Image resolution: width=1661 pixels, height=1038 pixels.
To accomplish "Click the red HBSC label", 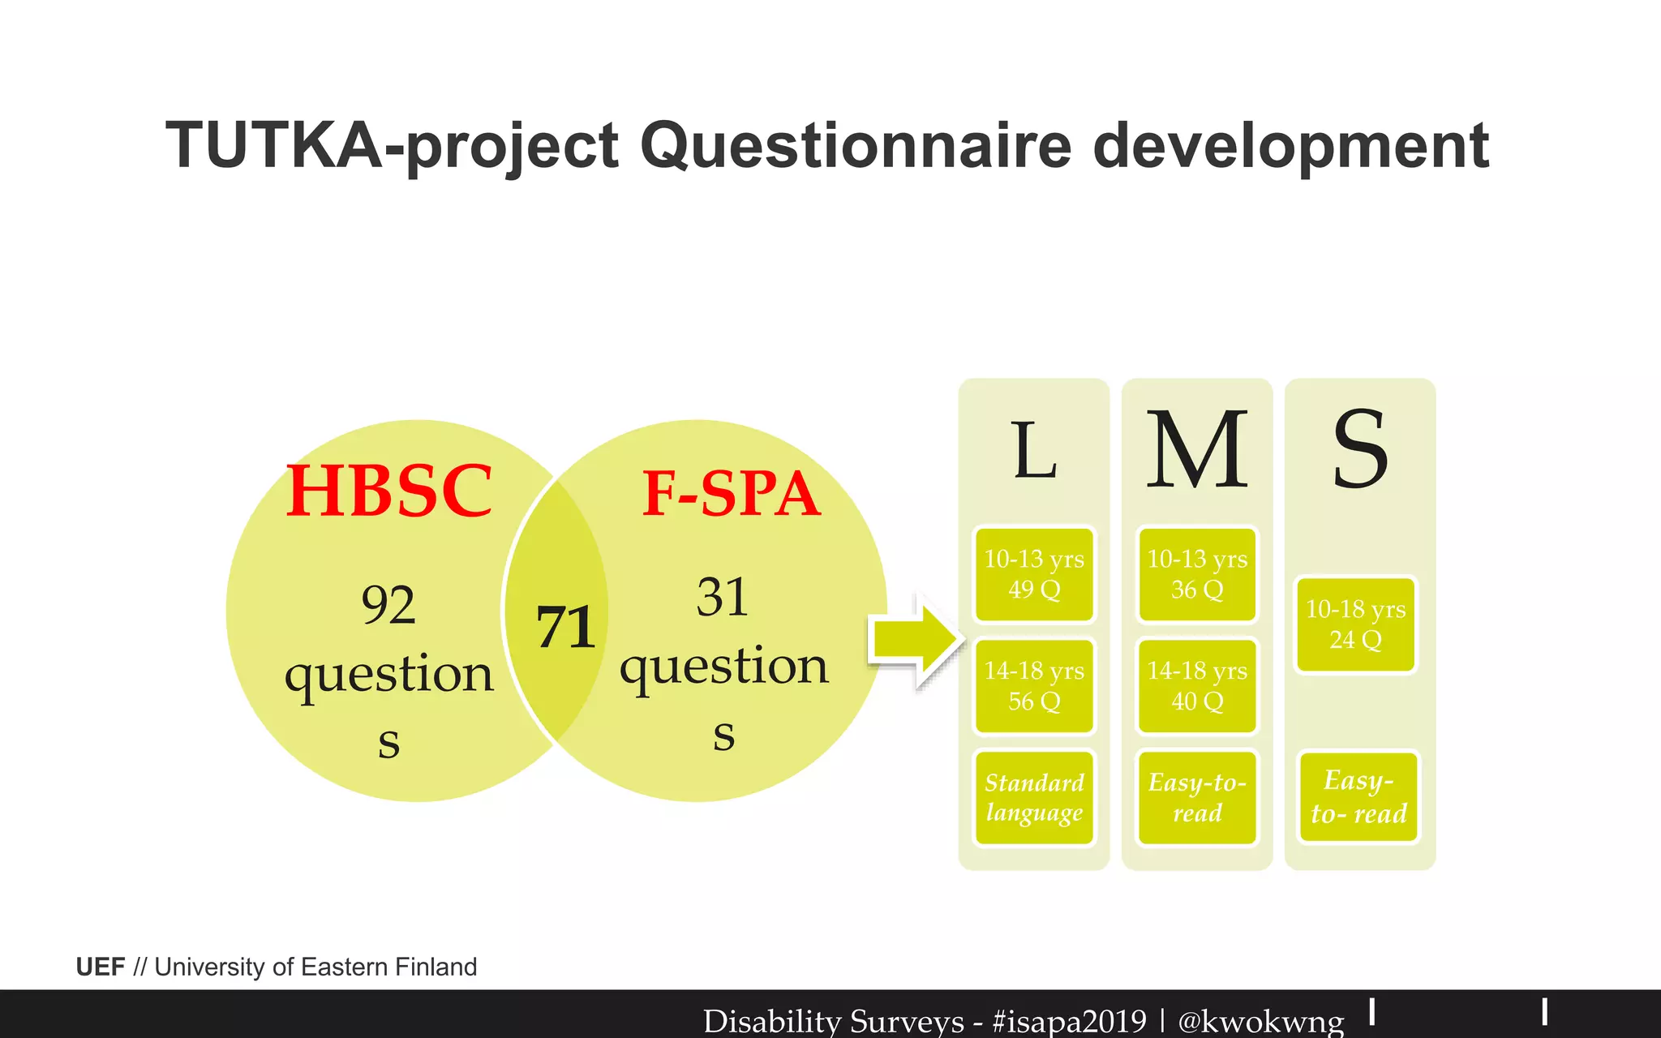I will coord(389,491).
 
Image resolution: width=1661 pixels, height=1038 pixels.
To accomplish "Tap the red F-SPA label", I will coord(731,494).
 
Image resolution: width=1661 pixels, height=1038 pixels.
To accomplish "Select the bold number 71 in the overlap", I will coord(565,628).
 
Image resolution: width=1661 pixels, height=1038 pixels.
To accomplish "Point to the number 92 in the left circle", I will coord(388,605).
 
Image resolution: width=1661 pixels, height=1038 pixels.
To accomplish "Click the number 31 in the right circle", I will coord(722,598).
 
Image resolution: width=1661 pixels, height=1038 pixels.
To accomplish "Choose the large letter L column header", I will coord(1034,451).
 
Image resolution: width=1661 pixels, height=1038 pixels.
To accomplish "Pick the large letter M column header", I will coord(1197,449).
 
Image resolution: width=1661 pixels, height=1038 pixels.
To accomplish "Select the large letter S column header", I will coord(1360,449).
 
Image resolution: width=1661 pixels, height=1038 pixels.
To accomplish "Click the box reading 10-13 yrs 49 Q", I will coord(1034,574).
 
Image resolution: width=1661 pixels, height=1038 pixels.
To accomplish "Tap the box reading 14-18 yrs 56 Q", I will coord(1034,686).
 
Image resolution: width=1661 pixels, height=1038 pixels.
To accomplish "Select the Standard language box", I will coord(1034,798).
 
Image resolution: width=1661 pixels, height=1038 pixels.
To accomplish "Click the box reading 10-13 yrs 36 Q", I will coord(1197,574).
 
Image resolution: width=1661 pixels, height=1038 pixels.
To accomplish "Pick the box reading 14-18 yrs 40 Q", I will coord(1197,686).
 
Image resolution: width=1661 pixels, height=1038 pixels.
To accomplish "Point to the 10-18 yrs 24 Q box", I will coord(1356,624).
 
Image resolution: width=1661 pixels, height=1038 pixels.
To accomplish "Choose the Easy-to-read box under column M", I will coord(1197,798).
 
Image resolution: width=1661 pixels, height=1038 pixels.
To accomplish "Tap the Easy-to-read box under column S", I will coord(1358,797).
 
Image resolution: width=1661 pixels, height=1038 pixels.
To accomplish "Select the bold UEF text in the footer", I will coord(101,967).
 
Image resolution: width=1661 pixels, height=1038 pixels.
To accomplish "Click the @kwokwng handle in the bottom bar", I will coord(1260,1021).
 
